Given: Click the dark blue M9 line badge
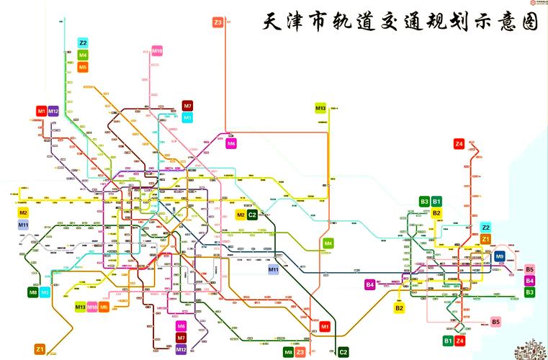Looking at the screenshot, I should pyautogui.click(x=500, y=256).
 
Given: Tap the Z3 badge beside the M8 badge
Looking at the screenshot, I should pyautogui.click(x=300, y=351).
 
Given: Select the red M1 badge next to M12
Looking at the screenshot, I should pyautogui.click(x=41, y=111).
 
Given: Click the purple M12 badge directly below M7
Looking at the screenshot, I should pyautogui.click(x=181, y=349).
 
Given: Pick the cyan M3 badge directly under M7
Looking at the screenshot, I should pyautogui.click(x=187, y=117).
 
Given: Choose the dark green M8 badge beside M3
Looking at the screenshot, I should pyautogui.click(x=33, y=292).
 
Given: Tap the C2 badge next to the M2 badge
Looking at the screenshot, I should pyautogui.click(x=253, y=215).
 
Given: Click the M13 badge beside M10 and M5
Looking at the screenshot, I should pyautogui.click(x=80, y=307).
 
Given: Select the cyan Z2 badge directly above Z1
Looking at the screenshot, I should pyautogui.click(x=486, y=228).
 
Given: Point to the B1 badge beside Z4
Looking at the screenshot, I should pyautogui.click(x=448, y=340).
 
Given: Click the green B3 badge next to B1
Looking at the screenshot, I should pyautogui.click(x=425, y=202).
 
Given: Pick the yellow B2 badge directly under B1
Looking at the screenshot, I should pyautogui.click(x=436, y=213).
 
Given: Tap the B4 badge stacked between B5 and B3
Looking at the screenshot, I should pyautogui.click(x=529, y=280).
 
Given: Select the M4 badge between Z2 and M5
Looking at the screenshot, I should pyautogui.click(x=83, y=55).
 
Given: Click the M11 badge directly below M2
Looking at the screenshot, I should pyautogui.click(x=23, y=225).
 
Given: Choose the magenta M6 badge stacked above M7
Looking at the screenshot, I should pyautogui.click(x=181, y=326).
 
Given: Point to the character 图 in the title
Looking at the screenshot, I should pyautogui.click(x=529, y=23).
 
